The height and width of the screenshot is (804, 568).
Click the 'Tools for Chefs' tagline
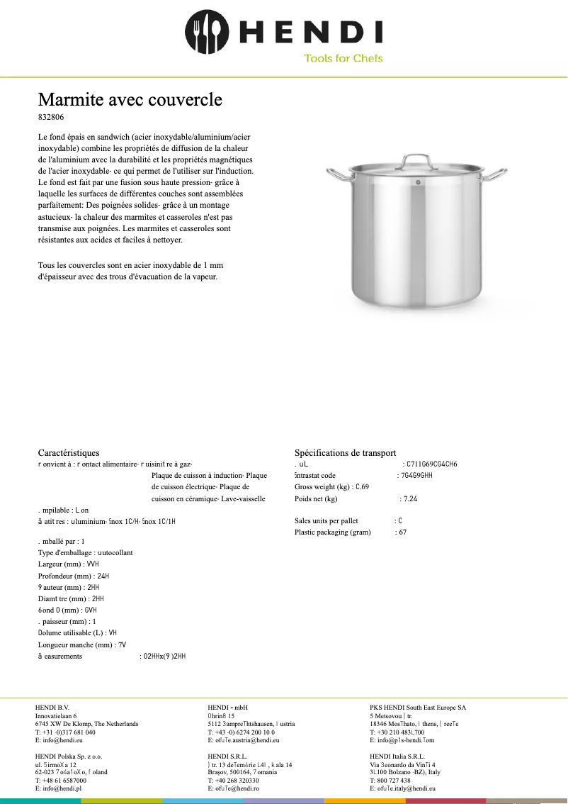pos(343,58)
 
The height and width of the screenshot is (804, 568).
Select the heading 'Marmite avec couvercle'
pos(130,99)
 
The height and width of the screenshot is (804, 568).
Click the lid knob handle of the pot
pos(416,158)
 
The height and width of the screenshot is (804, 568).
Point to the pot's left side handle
pos(337,173)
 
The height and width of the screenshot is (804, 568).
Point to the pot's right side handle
pos(495,173)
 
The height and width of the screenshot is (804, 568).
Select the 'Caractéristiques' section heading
pos(69,452)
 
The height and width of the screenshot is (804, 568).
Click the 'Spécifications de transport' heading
pos(345,452)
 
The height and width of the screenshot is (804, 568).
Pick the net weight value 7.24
pos(410,498)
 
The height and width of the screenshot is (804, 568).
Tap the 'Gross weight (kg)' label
pos(324,487)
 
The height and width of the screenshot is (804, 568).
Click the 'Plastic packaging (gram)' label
pos(332,532)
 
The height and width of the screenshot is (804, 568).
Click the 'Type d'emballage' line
pos(85,552)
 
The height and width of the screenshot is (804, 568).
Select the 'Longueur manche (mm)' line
pos(81,645)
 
